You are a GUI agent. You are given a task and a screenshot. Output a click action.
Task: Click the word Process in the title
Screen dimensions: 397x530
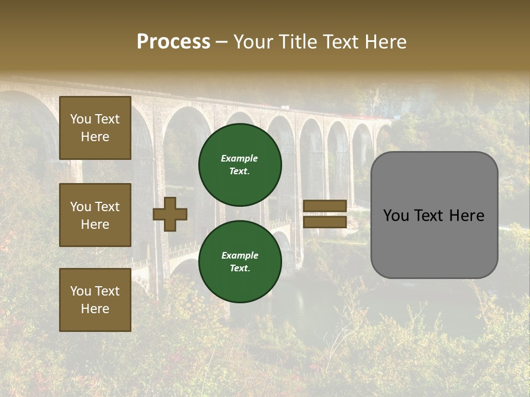[x=173, y=41]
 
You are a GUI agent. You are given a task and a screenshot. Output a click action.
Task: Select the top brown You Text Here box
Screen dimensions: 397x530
[x=95, y=128]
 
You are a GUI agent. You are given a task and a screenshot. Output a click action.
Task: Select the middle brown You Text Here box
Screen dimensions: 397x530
[x=95, y=215]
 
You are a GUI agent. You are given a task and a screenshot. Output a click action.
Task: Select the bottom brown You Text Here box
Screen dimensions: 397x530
[x=95, y=299]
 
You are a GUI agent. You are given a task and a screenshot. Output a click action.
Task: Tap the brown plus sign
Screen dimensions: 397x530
[x=170, y=214]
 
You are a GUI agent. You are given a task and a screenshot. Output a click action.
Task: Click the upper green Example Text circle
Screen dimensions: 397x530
[x=240, y=165]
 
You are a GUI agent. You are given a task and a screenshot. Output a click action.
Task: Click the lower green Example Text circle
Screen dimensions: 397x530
[x=240, y=261]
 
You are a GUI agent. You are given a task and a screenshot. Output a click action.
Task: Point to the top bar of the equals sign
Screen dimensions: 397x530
[x=325, y=206]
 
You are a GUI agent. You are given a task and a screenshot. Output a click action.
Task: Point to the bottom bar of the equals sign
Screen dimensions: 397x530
[x=325, y=222]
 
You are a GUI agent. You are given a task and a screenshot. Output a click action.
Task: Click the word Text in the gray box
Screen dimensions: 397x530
[x=432, y=216]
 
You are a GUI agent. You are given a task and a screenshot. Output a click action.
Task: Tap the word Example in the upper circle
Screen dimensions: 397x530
[x=240, y=158]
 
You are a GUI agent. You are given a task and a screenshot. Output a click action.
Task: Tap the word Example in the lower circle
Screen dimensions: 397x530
[x=240, y=255]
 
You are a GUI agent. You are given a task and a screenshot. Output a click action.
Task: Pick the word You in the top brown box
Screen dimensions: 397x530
[x=80, y=119]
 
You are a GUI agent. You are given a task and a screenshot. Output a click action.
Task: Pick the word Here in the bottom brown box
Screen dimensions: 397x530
[x=95, y=309]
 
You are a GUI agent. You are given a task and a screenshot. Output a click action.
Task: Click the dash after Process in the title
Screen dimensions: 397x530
[x=222, y=42]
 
